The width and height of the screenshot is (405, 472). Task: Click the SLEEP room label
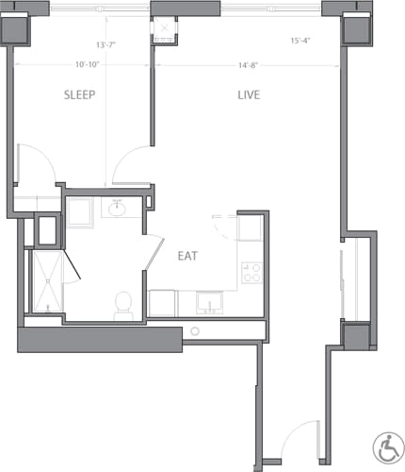click(x=81, y=95)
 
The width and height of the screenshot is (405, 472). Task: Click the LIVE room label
click(x=248, y=95)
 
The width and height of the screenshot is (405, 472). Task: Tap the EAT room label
click(x=186, y=255)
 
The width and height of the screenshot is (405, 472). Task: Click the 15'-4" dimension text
click(x=301, y=41)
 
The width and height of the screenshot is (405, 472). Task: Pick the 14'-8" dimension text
click(x=249, y=64)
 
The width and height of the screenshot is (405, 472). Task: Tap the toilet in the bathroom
click(x=121, y=302)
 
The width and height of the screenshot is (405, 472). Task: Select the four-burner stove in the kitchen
click(x=251, y=273)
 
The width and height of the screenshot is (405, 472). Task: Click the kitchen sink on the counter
click(x=209, y=303)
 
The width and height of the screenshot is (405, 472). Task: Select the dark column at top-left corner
click(x=19, y=30)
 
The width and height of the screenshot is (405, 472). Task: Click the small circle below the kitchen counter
click(x=195, y=331)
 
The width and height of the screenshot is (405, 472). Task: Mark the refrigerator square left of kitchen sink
click(x=164, y=303)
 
